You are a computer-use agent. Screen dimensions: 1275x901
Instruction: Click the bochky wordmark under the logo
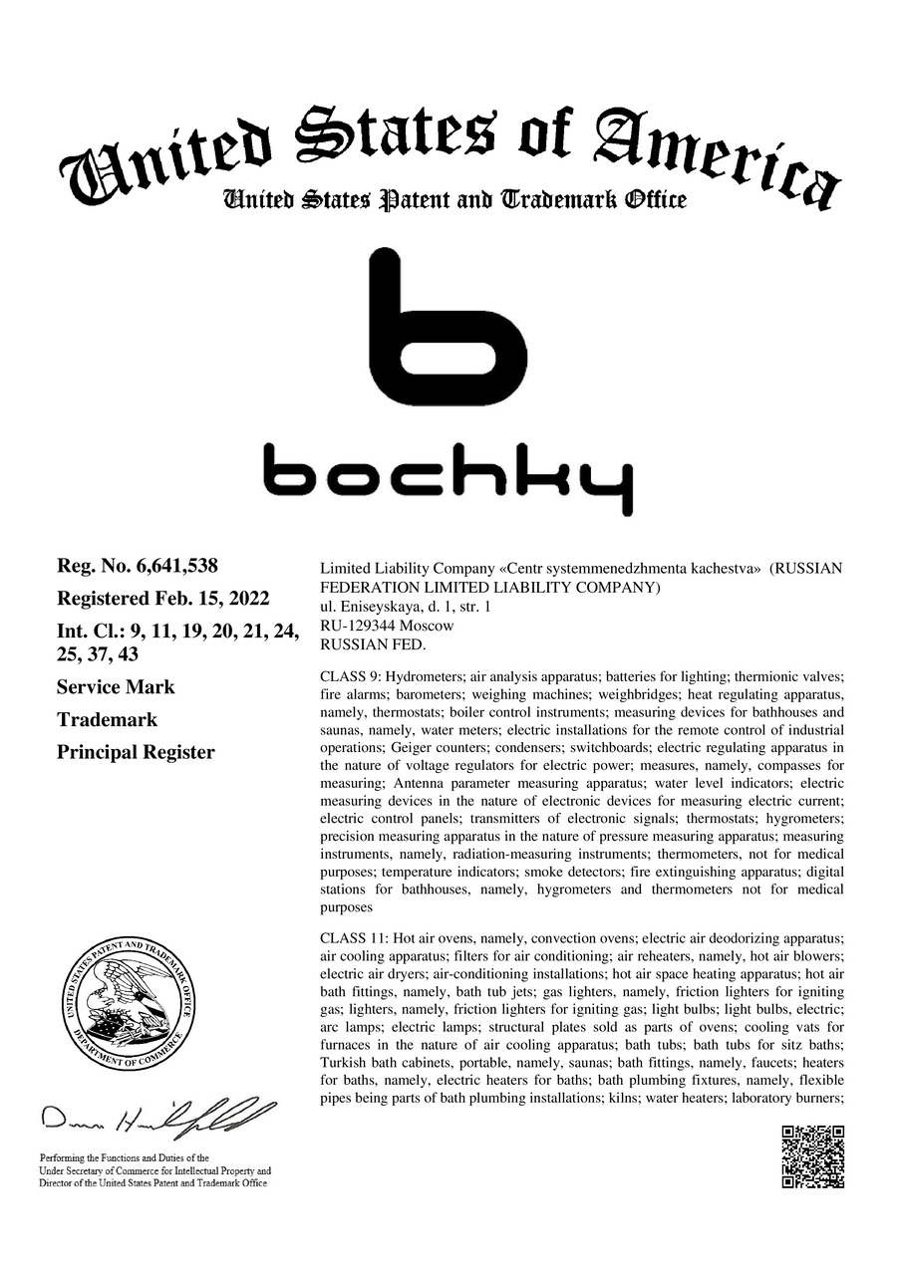448,478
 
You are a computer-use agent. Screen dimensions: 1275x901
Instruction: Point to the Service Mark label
116,687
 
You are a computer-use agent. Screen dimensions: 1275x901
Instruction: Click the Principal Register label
136,752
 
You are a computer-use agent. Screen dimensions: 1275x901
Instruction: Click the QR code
812,1156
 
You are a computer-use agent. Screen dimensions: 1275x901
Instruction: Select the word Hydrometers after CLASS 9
427,675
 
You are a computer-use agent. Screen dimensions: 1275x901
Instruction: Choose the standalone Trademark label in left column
107,719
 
